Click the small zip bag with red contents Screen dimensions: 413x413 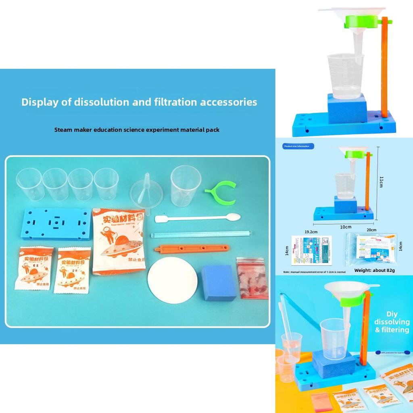point(252,278)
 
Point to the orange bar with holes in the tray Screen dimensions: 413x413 point(192,248)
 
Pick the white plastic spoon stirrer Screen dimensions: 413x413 point(198,218)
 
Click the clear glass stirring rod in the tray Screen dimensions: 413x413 point(201,234)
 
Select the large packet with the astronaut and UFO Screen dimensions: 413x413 point(118,241)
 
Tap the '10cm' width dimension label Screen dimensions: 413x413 point(345,227)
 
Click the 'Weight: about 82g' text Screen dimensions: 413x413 point(374,270)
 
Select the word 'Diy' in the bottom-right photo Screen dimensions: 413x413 point(392,314)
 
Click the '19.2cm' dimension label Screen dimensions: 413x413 point(311,232)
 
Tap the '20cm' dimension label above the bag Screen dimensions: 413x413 point(371,230)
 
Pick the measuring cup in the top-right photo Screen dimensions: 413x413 point(345,77)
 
